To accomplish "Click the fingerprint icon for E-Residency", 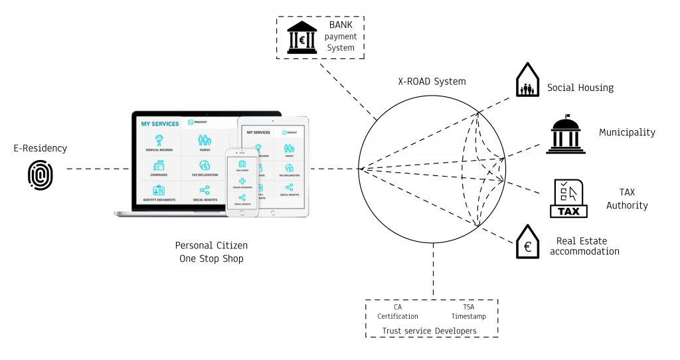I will pos(40,175).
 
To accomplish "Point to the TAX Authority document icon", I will pos(568,199).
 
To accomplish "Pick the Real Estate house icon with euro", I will pos(527,241).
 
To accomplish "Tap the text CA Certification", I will pos(398,312).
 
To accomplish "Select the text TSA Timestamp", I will pos(469,312).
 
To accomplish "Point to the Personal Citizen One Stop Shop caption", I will pos(211,252).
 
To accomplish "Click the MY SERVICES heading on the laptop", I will pos(159,124).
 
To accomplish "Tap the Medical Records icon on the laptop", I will pos(159,141).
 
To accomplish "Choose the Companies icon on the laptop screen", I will pos(159,166).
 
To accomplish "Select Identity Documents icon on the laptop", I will pos(159,191).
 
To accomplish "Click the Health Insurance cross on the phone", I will pos(242,181).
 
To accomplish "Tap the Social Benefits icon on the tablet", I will pos(289,189).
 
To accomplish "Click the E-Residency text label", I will pos(40,148).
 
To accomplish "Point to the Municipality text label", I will pos(627,132).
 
